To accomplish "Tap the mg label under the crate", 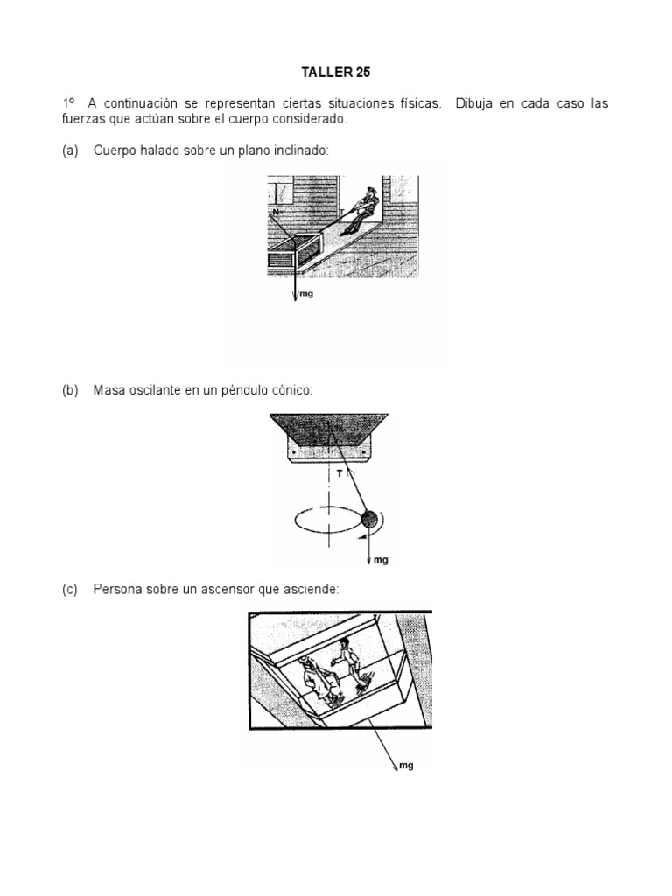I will click(x=305, y=295).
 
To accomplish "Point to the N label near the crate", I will click(x=276, y=212).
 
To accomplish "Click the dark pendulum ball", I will click(x=370, y=520).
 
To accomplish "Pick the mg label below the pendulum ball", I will click(x=381, y=560).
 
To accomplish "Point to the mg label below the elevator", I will click(x=405, y=766).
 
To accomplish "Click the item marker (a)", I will click(x=70, y=151).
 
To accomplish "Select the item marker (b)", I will click(x=70, y=390).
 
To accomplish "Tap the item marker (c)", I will click(x=70, y=591).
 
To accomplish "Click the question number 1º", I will click(x=69, y=104).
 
